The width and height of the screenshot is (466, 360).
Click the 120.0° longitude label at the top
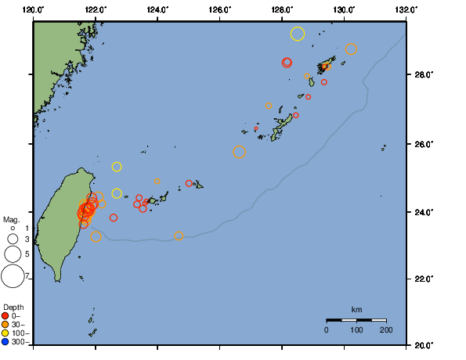[x=34, y=9]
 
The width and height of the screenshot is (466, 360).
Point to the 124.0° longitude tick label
[x=157, y=9]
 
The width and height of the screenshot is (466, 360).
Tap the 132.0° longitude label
[x=405, y=9]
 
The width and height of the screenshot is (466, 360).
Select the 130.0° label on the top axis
[x=343, y=9]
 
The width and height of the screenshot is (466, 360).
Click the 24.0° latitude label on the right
[x=424, y=212]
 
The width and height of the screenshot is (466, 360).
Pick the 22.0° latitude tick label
[x=424, y=279]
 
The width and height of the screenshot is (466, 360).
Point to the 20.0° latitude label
[x=424, y=344]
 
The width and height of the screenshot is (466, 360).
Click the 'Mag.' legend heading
[x=11, y=220]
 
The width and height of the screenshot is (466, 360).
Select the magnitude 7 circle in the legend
[x=13, y=275]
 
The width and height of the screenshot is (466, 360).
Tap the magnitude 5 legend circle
[x=13, y=254]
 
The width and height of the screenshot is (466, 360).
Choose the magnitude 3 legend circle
[x=13, y=239]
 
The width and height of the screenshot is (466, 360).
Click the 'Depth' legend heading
[x=13, y=306]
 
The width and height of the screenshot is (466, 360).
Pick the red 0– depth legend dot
[x=5, y=315]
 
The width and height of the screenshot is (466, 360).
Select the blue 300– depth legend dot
[x=5, y=341]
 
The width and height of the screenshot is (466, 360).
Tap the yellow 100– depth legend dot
[x=5, y=333]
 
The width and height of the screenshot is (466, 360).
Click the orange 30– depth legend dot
[x=5, y=324]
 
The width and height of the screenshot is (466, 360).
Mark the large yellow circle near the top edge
[x=297, y=33]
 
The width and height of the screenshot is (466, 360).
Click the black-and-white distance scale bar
[x=356, y=320]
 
